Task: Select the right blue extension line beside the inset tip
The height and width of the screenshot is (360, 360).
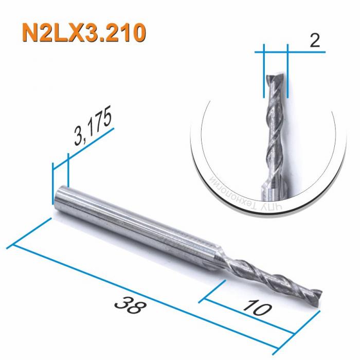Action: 287,72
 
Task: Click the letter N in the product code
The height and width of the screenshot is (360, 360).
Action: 30,32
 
